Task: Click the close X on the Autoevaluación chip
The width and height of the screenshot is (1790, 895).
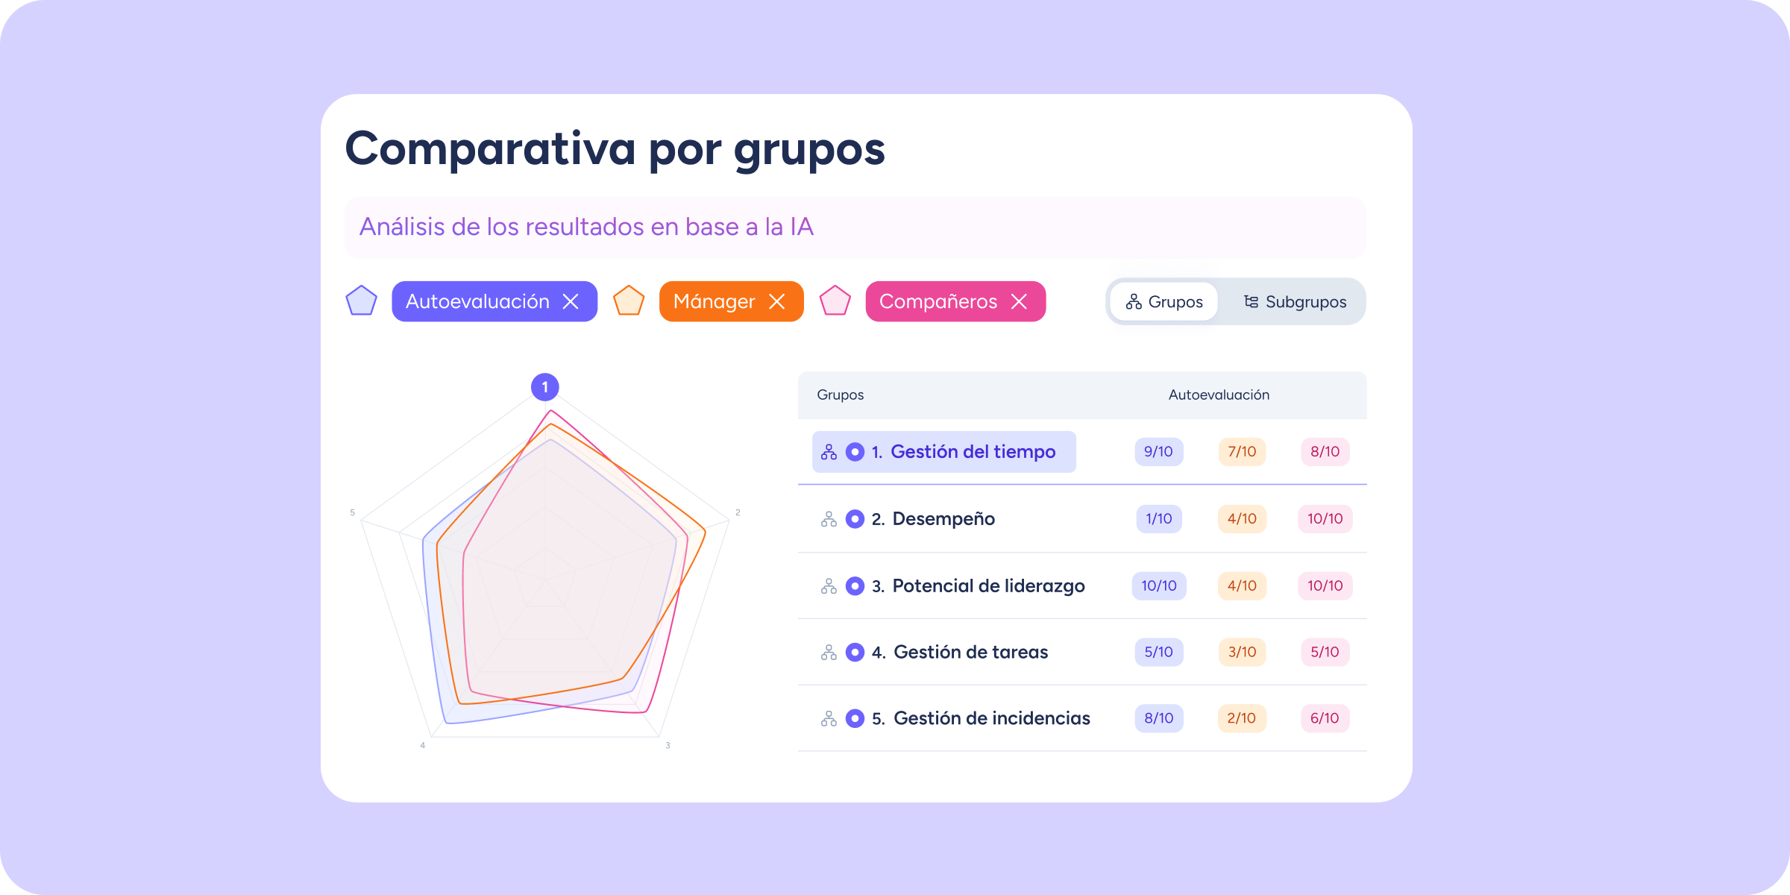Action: [x=571, y=301]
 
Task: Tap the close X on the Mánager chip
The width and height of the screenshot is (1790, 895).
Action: [x=776, y=301]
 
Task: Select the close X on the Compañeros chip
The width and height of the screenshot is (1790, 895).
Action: [x=1019, y=301]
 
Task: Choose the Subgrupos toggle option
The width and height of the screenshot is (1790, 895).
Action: [x=1295, y=302]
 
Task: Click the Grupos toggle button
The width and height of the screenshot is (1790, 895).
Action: [x=1164, y=302]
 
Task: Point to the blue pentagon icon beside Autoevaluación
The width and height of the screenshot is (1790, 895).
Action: [x=361, y=301]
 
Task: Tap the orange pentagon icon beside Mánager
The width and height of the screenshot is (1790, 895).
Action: [x=629, y=301]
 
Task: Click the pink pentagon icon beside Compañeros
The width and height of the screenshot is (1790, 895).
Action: [x=835, y=301]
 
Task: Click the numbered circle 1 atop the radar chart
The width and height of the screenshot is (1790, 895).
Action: [x=545, y=387]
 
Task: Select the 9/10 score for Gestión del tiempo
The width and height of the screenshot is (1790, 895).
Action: [x=1158, y=451]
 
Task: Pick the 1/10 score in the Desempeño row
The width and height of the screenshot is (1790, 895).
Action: [x=1158, y=518]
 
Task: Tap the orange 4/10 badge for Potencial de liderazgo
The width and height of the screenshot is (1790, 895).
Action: [x=1242, y=585]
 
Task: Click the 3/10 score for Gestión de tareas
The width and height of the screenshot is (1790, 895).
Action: [x=1242, y=652]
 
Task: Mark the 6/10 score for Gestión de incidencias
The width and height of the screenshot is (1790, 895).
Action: [x=1325, y=718]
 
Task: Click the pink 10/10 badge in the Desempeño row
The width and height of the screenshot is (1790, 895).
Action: [x=1325, y=518]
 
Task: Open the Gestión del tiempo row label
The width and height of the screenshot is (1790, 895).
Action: [x=973, y=451]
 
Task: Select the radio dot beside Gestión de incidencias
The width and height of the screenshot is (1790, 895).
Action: [x=855, y=718]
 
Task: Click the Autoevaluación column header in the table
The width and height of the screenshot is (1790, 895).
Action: [x=1219, y=395]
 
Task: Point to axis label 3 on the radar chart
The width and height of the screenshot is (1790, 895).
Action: [x=668, y=745]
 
